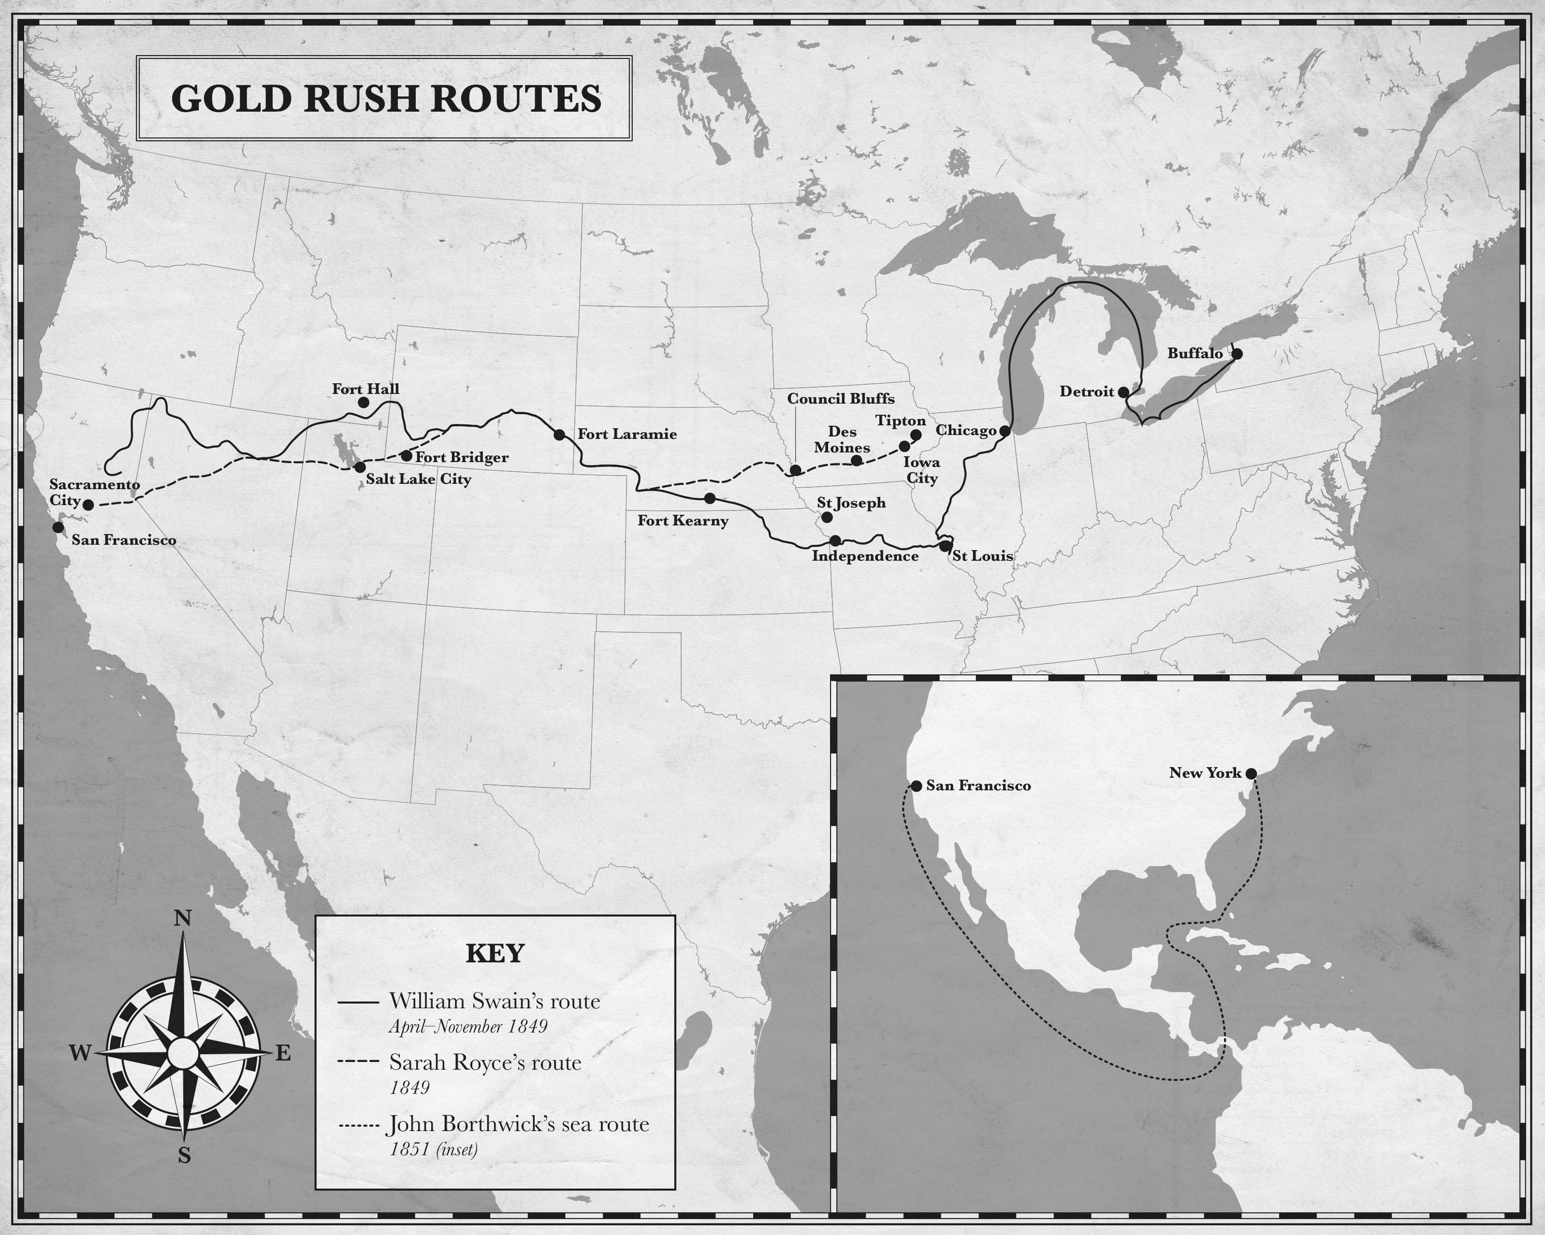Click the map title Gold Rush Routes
tap(386, 99)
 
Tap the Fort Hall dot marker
tap(364, 403)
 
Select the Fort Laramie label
tap(627, 434)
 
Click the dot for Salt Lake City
tap(360, 467)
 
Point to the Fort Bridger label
tap(462, 457)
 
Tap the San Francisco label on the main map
tap(123, 540)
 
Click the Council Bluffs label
tap(841, 399)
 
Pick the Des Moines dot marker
tap(856, 460)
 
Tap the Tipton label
tap(900, 421)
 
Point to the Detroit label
tap(1086, 392)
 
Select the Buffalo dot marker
tap(1237, 354)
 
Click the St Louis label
tap(982, 556)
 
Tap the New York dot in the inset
tap(1251, 774)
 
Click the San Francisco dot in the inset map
tap(916, 786)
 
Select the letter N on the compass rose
tap(183, 918)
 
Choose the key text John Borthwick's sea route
tap(518, 1124)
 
